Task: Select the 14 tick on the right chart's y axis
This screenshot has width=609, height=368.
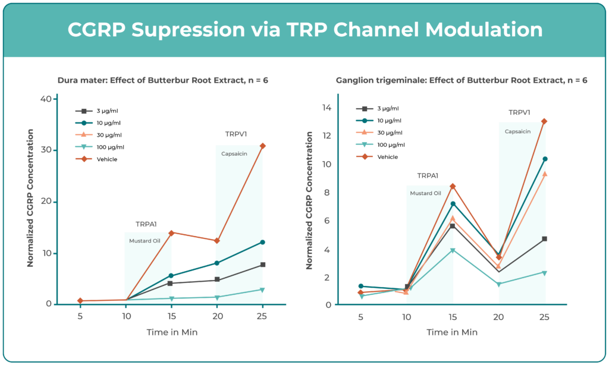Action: pos(327,108)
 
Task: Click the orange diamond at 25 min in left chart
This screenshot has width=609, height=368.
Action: pos(263,146)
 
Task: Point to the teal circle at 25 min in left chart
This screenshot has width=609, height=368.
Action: pos(263,243)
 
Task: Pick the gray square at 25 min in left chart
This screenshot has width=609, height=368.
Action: pos(263,265)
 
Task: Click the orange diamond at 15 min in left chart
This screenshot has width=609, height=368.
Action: pos(172,232)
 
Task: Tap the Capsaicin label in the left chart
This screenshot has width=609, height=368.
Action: pos(234,154)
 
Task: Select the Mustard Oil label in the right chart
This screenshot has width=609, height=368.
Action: pos(425,193)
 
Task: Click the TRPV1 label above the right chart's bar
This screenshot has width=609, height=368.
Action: pos(519,113)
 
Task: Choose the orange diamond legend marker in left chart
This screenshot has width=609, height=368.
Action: pos(84,159)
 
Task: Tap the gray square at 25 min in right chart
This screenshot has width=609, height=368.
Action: pos(544,239)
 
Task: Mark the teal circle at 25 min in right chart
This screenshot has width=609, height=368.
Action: pos(544,159)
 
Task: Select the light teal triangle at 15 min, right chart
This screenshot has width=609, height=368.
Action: pos(453,251)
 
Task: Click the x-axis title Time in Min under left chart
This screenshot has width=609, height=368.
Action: pos(172,333)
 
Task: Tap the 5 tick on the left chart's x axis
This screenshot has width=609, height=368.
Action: pos(80,317)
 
